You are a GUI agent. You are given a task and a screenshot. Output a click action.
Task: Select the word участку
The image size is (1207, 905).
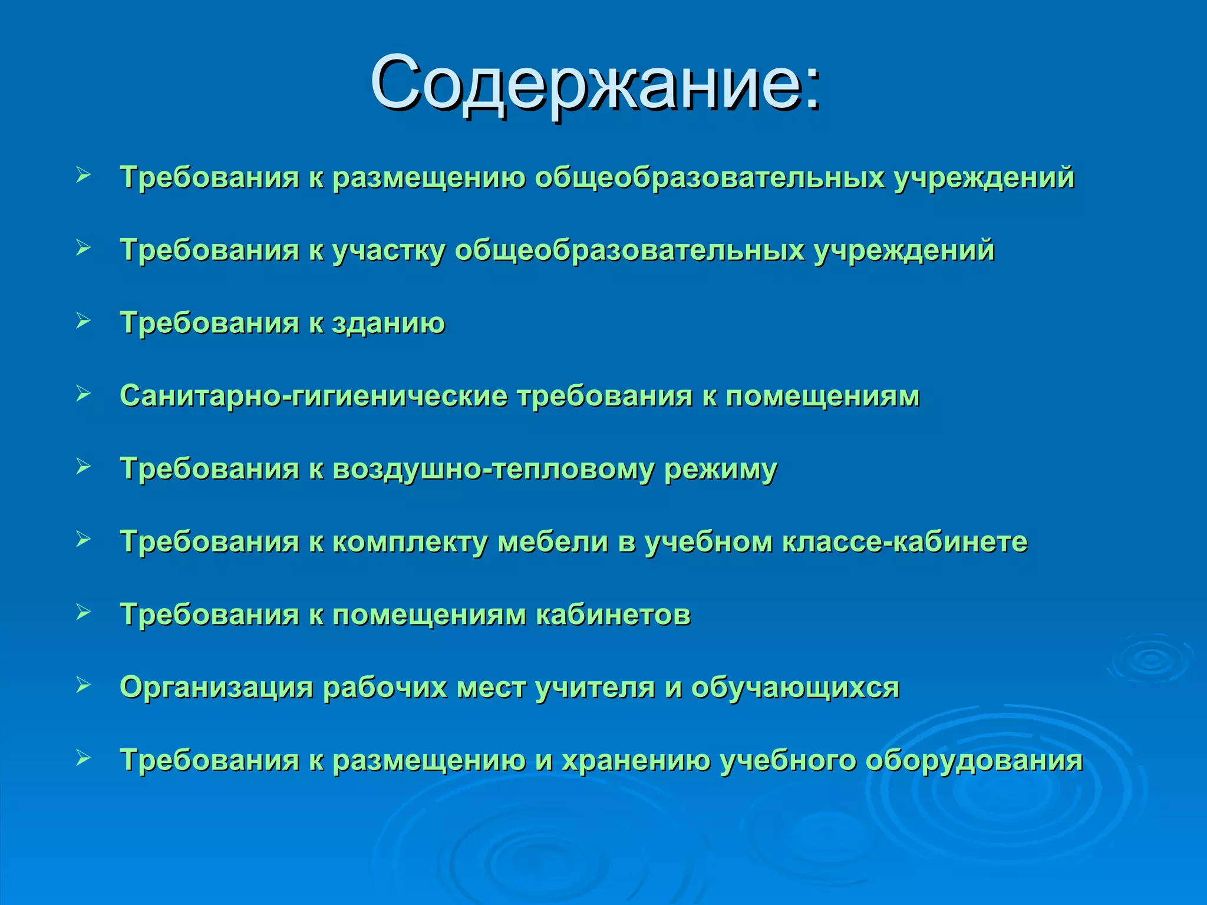pyautogui.click(x=389, y=250)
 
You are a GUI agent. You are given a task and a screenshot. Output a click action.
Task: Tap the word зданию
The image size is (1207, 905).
pyautogui.click(x=388, y=323)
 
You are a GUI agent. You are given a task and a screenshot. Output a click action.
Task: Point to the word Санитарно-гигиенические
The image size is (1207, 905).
pyautogui.click(x=313, y=396)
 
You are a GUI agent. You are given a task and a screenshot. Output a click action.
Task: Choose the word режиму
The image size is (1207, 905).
pyautogui.click(x=721, y=470)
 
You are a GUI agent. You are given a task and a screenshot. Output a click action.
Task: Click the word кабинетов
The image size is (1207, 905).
pyautogui.click(x=613, y=615)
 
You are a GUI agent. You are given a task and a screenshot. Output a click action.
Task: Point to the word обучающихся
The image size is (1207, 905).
pyautogui.click(x=795, y=688)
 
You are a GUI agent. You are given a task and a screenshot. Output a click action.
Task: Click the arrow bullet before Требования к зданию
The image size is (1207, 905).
pyautogui.click(x=83, y=321)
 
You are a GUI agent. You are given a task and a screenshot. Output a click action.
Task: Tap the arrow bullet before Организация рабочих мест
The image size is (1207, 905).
pyautogui.click(x=83, y=685)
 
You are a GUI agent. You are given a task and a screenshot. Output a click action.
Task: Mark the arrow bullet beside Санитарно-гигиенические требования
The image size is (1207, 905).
pyautogui.click(x=83, y=394)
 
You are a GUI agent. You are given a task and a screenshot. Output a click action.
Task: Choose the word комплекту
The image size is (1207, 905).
pyautogui.click(x=410, y=542)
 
